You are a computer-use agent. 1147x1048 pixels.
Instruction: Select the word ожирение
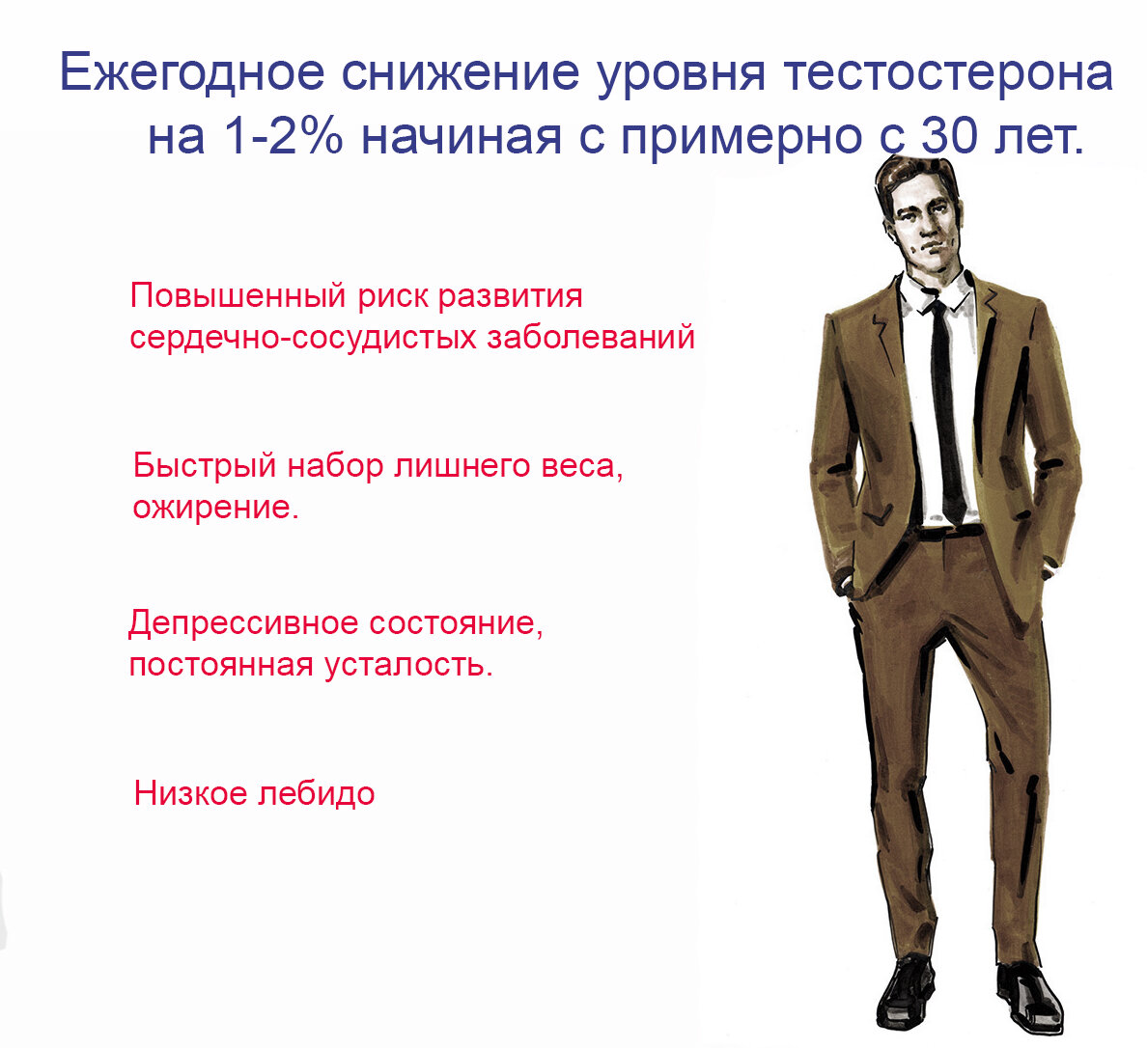click(214, 508)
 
